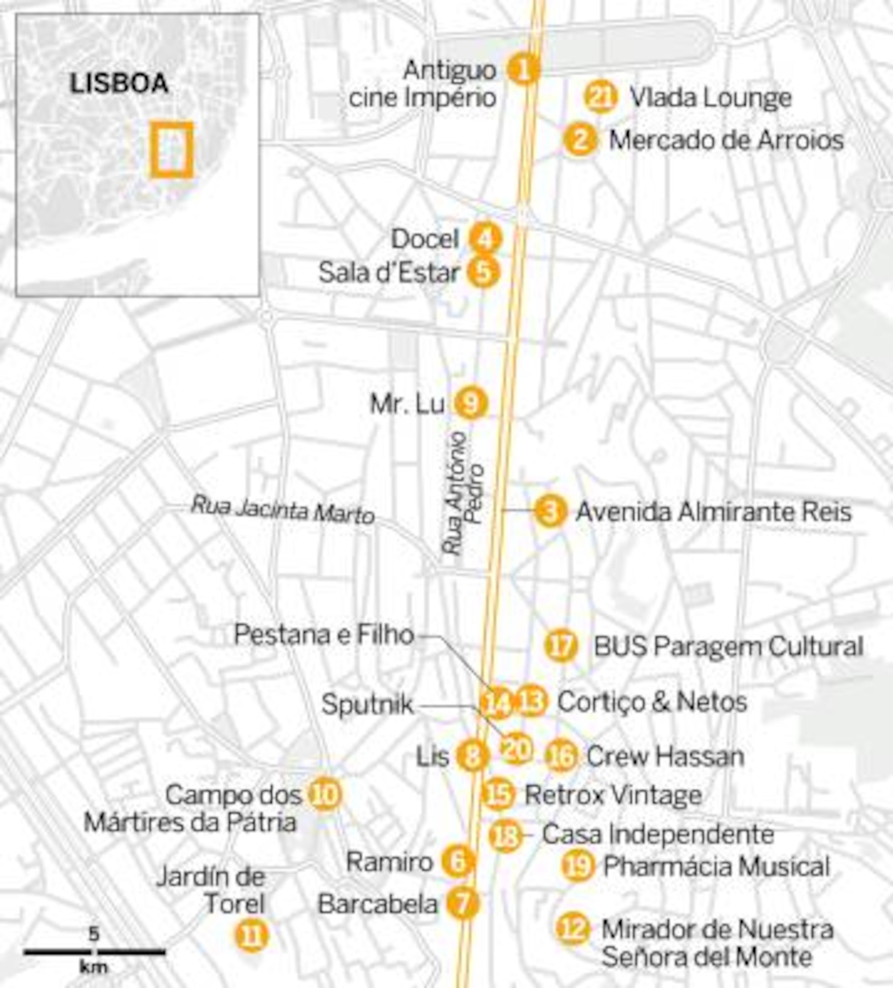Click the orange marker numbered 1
pos(523,70)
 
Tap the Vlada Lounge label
pos(710,98)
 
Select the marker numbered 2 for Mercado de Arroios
pos(580,140)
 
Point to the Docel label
pos(425,239)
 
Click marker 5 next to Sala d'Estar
pos(483,272)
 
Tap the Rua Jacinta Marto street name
pos(282,510)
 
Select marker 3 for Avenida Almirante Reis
pos(550,511)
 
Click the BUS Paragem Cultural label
pos(728,647)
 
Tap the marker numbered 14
pos(496,703)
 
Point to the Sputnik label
pos(367,705)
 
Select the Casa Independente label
pos(657,834)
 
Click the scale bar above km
pos(95,952)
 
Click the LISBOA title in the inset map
pos(119,84)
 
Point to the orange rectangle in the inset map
pos(171,150)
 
